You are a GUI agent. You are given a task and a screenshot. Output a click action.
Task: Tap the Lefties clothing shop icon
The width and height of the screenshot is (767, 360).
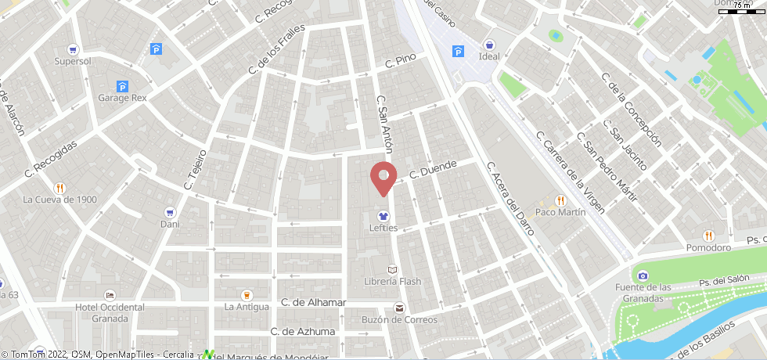coord(383,214)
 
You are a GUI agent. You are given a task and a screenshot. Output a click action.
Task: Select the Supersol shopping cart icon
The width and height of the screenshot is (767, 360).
coord(74,49)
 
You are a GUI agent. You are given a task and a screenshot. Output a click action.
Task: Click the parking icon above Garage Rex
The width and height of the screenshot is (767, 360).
coord(122,86)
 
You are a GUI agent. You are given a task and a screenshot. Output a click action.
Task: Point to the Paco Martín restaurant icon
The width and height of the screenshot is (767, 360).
coord(560,200)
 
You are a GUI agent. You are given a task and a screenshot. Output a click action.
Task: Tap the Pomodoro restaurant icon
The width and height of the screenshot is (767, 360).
coord(708,235)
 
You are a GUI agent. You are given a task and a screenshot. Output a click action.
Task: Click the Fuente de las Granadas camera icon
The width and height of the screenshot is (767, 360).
coord(643,275)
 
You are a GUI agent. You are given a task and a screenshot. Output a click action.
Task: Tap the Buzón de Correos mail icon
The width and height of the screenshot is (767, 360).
coord(399,308)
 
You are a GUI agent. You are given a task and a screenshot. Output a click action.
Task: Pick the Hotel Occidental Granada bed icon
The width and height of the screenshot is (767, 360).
coord(110,295)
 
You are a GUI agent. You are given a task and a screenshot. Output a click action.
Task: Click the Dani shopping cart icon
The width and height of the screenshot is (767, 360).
coord(170,212)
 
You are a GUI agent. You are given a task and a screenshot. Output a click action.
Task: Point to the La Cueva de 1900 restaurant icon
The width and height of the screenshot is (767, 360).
coord(59,188)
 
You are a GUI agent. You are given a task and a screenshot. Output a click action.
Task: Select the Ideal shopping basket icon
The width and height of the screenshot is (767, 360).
coord(489,45)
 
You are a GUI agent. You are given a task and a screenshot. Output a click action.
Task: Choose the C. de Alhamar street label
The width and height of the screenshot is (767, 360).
coord(313,302)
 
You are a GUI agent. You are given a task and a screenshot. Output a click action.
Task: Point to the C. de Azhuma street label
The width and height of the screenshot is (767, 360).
coord(303,331)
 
